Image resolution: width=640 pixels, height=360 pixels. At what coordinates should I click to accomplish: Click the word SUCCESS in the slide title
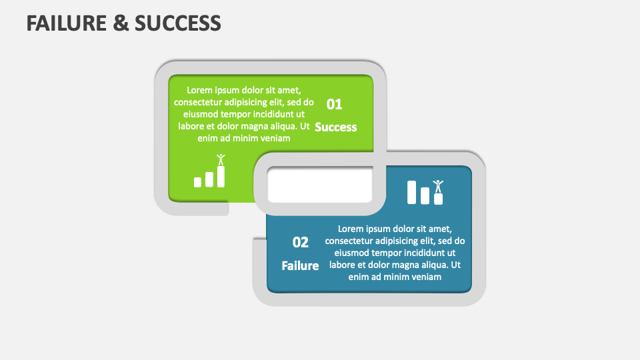178,23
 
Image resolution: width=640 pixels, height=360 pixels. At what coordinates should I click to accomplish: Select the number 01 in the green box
334,104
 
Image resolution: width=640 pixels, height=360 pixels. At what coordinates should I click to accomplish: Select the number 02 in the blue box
300,242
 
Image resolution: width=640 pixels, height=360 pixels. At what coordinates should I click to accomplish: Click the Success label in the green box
335,127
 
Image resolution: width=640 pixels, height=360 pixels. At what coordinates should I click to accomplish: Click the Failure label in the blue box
300,265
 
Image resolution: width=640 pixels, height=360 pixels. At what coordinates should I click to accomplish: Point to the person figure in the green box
221,160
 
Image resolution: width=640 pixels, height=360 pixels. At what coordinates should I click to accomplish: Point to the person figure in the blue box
438,186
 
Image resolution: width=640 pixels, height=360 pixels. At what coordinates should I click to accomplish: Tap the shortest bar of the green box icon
197,182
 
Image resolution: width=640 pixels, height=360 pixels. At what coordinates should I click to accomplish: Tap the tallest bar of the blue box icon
412,192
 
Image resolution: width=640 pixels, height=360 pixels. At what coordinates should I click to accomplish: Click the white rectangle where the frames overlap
319,186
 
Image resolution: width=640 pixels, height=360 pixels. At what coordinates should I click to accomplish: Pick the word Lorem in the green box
199,90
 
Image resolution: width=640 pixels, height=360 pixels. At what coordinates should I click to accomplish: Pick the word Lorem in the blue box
351,228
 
